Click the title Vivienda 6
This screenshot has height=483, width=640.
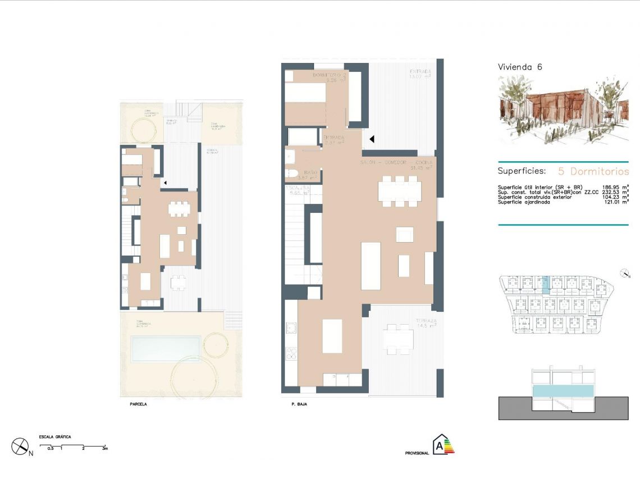click(520, 67)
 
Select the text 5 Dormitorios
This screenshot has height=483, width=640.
click(593, 171)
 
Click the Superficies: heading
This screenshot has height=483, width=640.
click(522, 171)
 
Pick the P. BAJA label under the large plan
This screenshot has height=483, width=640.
click(299, 404)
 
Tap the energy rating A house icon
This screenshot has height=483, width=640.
click(444, 445)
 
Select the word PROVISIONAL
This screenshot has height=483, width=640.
click(417, 453)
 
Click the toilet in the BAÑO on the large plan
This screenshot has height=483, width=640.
click(292, 172)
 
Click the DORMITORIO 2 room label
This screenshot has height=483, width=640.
click(330, 77)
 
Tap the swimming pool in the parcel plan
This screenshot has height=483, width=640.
click(166, 348)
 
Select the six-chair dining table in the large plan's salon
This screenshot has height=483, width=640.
click(399, 192)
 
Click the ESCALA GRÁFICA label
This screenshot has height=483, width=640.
click(54, 437)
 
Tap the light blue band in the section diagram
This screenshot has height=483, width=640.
click(563, 391)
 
